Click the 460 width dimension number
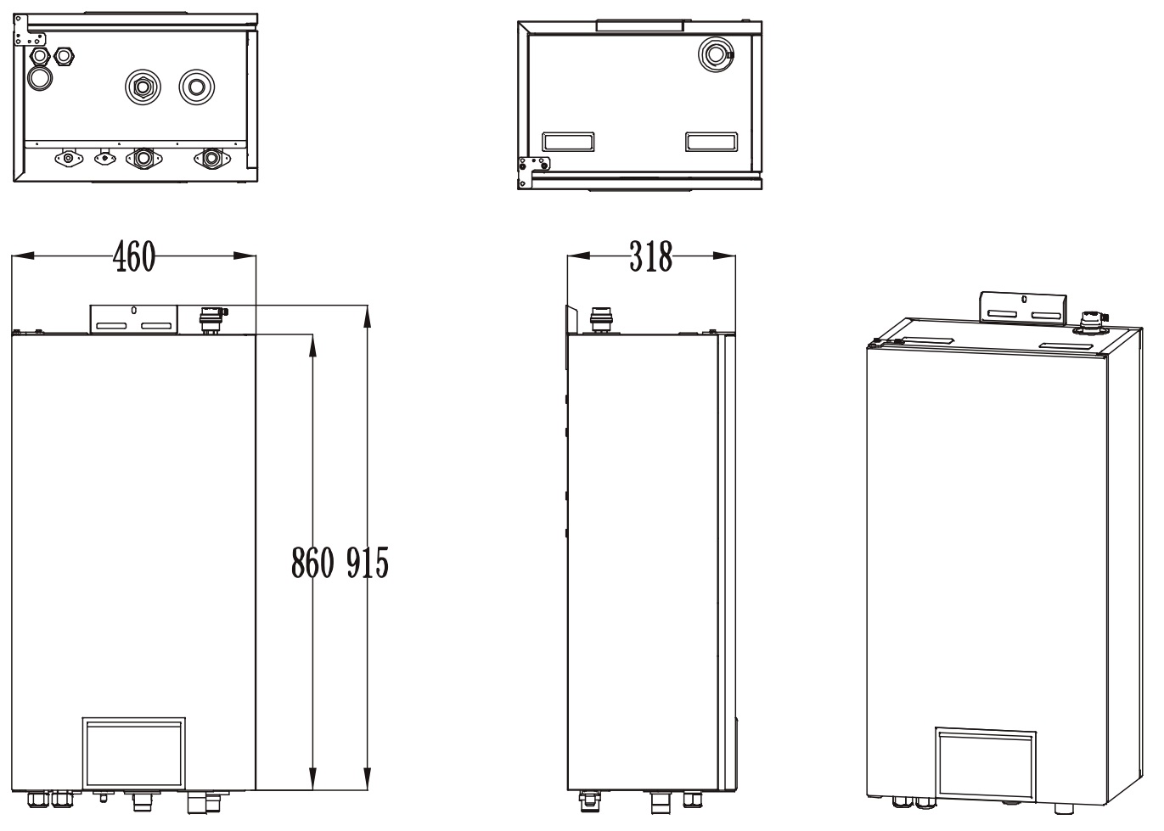coord(135,256)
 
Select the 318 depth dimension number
coord(650,256)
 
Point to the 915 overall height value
coord(367,562)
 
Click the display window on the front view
coord(133,753)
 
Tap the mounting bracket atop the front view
coord(133,319)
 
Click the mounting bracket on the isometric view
coord(1023,307)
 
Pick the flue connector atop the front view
coord(211,320)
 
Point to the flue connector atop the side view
coord(600,320)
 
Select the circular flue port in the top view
coord(715,54)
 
